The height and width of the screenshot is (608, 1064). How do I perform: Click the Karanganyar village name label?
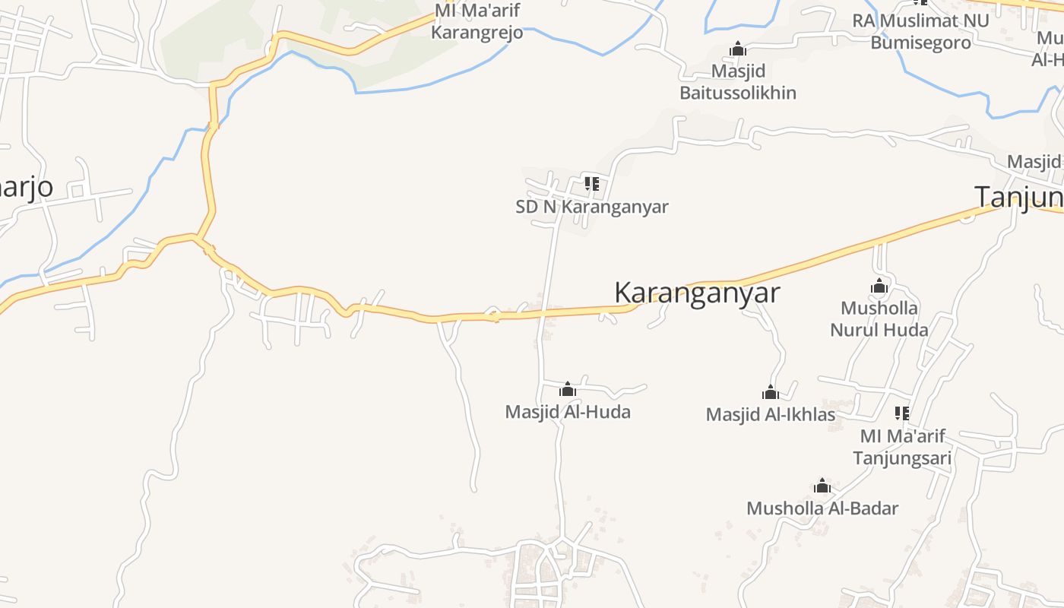pyautogui.click(x=697, y=293)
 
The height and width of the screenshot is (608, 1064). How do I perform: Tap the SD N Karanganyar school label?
pyautogui.click(x=592, y=207)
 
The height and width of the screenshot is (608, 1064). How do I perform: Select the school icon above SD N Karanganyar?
pyautogui.click(x=592, y=184)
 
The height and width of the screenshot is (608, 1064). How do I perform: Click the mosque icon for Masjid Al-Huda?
pyautogui.click(x=567, y=390)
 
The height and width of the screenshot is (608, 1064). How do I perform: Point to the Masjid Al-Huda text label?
pyautogui.click(x=568, y=412)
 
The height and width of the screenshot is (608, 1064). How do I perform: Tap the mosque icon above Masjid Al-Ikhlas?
pyautogui.click(x=771, y=393)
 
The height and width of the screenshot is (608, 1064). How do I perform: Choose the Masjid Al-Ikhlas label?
pyautogui.click(x=771, y=414)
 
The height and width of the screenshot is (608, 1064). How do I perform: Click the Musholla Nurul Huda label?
pyautogui.click(x=879, y=319)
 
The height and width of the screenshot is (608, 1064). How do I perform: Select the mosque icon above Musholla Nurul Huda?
pyautogui.click(x=879, y=287)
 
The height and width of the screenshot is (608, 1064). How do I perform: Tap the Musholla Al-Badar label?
pyautogui.click(x=822, y=508)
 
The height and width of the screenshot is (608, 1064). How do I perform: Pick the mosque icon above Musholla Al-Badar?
pyautogui.click(x=822, y=486)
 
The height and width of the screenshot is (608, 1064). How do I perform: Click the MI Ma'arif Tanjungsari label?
pyautogui.click(x=902, y=447)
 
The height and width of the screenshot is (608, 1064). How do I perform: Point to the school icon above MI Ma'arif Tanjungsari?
pyautogui.click(x=902, y=413)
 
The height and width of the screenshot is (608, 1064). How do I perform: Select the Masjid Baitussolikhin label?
pyautogui.click(x=738, y=82)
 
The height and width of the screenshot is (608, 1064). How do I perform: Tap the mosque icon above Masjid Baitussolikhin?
pyautogui.click(x=737, y=49)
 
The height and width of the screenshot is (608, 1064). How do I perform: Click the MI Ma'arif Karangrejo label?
pyautogui.click(x=477, y=22)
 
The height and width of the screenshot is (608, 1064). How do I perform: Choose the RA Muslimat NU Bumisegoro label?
pyautogui.click(x=921, y=31)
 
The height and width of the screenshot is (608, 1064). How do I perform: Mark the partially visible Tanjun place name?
pyautogui.click(x=1019, y=197)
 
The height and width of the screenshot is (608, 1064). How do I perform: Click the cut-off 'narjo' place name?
pyautogui.click(x=27, y=187)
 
